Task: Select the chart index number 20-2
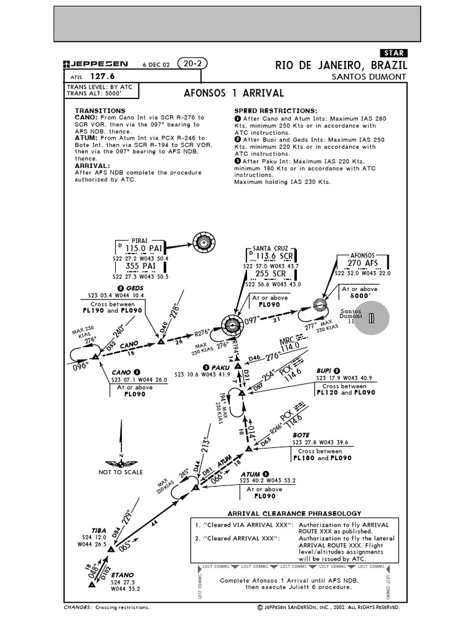[192, 63]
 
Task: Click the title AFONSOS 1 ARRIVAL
[234, 94]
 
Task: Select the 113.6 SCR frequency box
[274, 255]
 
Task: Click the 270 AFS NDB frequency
[362, 263]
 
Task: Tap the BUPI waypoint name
[324, 370]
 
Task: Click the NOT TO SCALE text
[121, 472]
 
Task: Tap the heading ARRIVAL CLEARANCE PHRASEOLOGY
[294, 513]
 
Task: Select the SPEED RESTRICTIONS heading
[275, 110]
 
